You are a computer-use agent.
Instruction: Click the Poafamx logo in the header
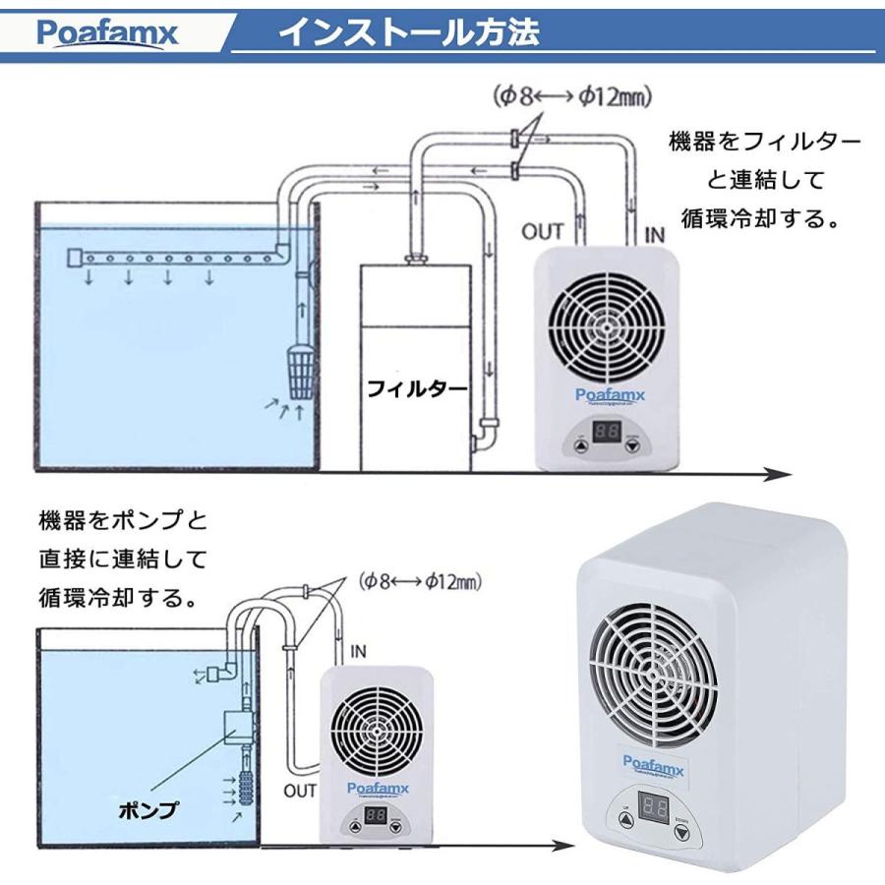point(108,34)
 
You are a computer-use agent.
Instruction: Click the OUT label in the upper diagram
point(542,232)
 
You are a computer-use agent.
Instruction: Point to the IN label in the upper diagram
point(653,233)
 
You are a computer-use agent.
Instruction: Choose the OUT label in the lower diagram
point(300,790)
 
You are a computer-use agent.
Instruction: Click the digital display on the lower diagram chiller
point(374,815)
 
